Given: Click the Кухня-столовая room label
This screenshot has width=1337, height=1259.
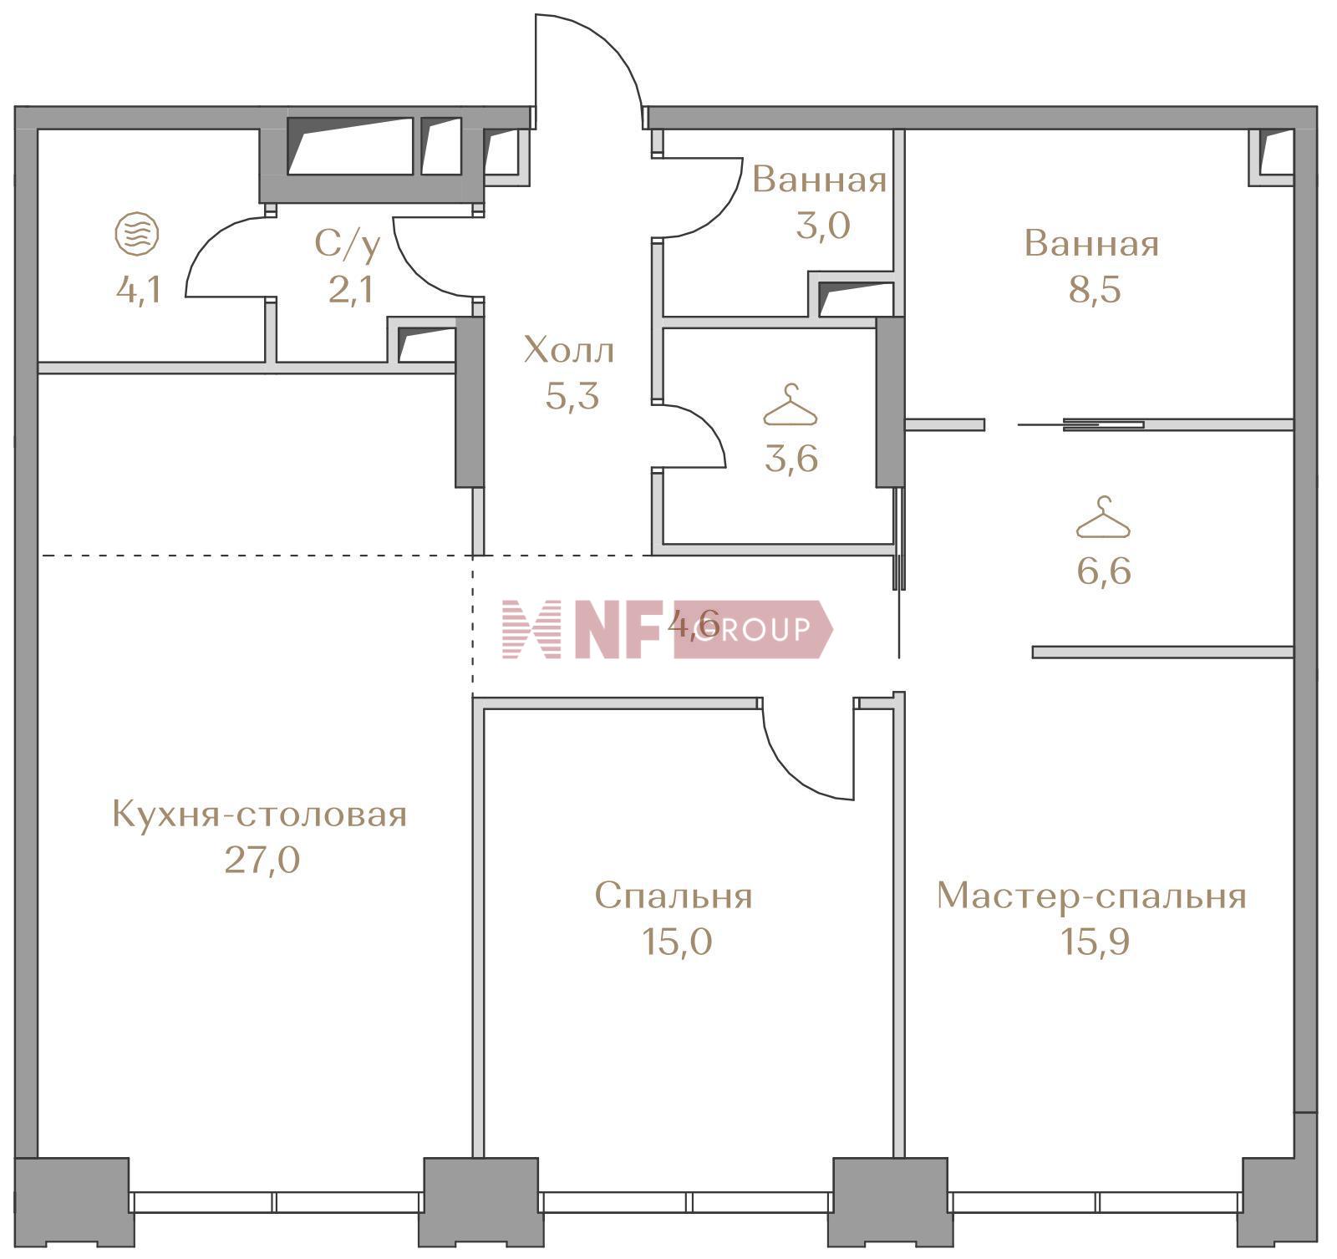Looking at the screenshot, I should [x=259, y=814].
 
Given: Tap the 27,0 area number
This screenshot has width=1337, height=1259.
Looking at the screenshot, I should [x=262, y=859].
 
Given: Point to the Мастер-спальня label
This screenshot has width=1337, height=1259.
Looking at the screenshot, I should [x=1091, y=896].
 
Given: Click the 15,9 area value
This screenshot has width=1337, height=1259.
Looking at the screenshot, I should [x=1095, y=942].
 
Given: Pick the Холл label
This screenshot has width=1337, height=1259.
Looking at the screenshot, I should [x=568, y=350].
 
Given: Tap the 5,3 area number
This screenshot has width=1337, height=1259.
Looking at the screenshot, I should [x=572, y=396].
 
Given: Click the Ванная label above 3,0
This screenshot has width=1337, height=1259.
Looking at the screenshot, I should [x=819, y=180].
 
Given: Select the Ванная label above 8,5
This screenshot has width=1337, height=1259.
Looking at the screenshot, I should [x=1091, y=244].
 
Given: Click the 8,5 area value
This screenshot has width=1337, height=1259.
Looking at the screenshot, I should [x=1095, y=290].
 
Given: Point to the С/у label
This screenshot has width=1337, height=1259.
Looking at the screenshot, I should [x=348, y=244].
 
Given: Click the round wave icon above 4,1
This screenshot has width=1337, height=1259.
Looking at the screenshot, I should [x=137, y=233].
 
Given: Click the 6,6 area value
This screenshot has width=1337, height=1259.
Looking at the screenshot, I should [x=1104, y=572].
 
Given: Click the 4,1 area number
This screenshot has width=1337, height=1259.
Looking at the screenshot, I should [x=138, y=290].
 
